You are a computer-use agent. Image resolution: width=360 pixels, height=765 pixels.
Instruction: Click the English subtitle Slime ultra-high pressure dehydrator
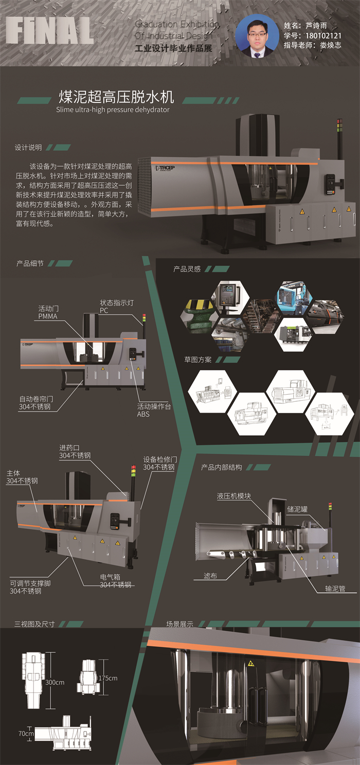point(113,110)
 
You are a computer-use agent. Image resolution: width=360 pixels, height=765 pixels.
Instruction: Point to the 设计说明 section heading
point(28,148)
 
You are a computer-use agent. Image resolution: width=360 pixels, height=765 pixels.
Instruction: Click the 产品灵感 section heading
point(187,269)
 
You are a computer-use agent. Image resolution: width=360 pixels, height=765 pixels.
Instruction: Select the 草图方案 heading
point(198,359)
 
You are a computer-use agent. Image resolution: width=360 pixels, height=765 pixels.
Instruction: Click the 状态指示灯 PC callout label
point(117,307)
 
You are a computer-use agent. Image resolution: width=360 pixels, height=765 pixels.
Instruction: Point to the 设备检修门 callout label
point(159,463)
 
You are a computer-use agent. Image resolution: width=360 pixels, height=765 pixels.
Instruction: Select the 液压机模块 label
point(233,496)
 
